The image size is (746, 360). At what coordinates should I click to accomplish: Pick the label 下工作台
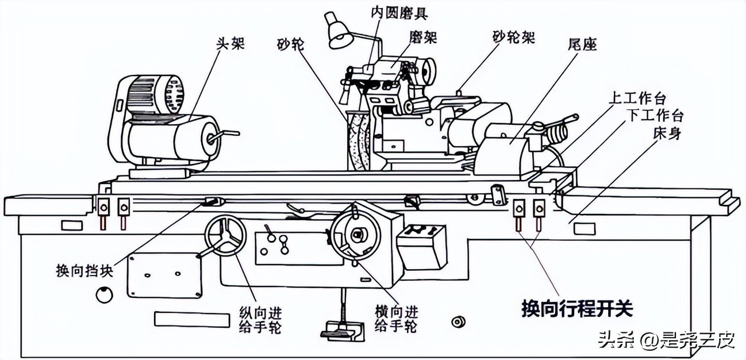(656, 115)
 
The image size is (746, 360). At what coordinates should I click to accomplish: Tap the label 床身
(668, 132)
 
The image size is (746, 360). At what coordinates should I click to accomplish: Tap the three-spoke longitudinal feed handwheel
(224, 237)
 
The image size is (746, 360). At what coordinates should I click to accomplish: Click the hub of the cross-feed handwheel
(357, 234)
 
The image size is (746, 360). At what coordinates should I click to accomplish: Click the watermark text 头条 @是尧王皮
(666, 340)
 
